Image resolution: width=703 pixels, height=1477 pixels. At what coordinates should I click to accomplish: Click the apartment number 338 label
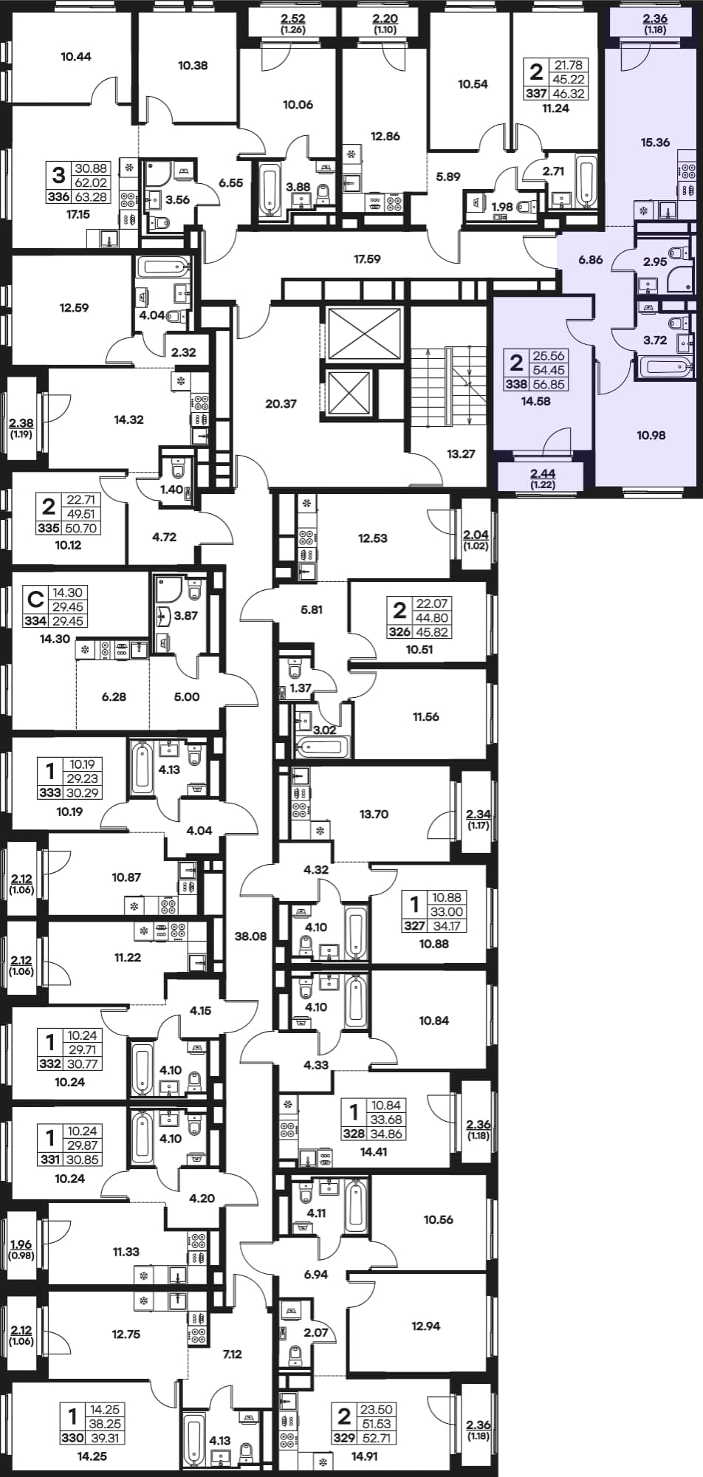pyautogui.click(x=517, y=384)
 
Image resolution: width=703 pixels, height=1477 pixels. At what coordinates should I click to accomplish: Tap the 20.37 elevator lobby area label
pyautogui.click(x=281, y=404)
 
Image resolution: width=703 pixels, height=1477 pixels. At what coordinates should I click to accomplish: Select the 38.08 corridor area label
pyautogui.click(x=250, y=936)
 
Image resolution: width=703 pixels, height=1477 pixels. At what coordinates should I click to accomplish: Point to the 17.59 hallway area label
pyautogui.click(x=367, y=259)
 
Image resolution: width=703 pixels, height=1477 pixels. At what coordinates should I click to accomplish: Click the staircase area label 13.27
pyautogui.click(x=461, y=454)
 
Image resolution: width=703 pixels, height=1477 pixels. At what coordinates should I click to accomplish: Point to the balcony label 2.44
pyautogui.click(x=543, y=474)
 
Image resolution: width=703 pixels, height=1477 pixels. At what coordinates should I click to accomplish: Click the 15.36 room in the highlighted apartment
pyautogui.click(x=655, y=143)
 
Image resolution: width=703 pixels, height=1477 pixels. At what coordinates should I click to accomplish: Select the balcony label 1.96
pyautogui.click(x=22, y=1244)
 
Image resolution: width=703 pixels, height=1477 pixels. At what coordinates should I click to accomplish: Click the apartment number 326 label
pyautogui.click(x=399, y=632)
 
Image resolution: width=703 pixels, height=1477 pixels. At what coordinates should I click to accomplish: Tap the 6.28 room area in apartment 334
pyautogui.click(x=114, y=696)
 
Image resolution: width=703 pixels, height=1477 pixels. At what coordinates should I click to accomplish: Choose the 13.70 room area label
pyautogui.click(x=374, y=815)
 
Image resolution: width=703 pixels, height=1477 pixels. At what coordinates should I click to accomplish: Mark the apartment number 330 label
pyautogui.click(x=72, y=1438)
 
